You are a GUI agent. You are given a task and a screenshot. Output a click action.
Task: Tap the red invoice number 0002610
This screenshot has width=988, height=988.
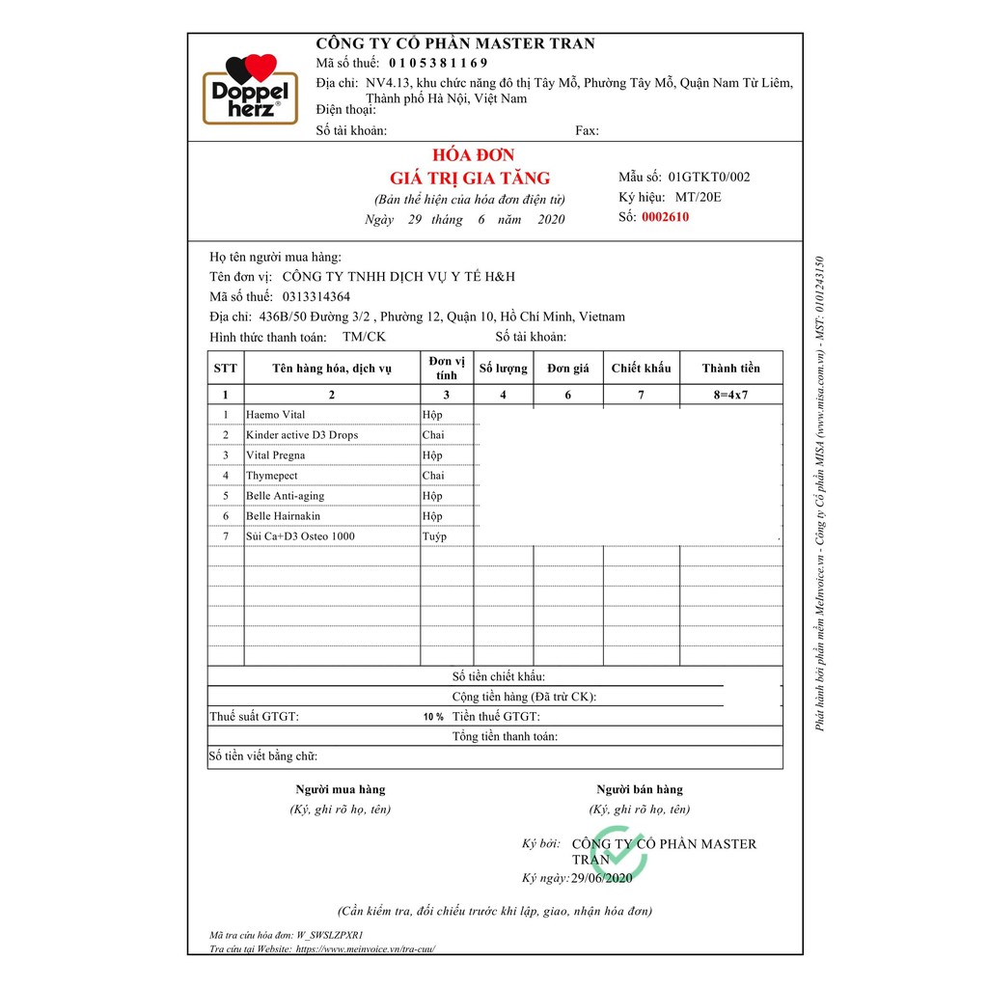click(665, 217)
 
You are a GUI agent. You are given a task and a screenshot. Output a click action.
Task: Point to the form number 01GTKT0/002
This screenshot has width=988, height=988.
click(708, 177)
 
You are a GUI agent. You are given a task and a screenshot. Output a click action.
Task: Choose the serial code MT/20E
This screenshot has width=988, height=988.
click(698, 197)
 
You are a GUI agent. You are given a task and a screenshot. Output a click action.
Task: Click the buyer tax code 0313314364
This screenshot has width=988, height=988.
click(316, 296)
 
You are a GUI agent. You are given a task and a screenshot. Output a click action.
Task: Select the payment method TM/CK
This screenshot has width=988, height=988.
click(364, 337)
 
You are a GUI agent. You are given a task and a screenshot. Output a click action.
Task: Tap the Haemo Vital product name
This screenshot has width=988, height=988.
click(275, 415)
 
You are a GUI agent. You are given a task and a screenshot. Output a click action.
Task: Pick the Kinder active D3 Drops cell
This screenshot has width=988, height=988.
click(301, 435)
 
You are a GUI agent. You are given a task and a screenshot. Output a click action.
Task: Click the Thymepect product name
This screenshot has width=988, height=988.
click(271, 476)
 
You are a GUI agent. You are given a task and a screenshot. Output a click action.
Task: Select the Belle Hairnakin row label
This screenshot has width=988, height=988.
click(283, 516)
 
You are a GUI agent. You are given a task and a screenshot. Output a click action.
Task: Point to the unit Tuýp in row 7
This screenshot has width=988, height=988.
click(434, 536)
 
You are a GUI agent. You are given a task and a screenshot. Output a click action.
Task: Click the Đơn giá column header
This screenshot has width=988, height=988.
click(568, 368)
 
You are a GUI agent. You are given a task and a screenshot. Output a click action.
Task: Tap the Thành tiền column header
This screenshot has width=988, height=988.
click(730, 368)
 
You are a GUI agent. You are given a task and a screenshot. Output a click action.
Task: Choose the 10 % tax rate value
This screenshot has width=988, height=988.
click(433, 717)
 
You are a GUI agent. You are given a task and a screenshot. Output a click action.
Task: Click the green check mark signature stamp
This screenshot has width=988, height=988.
click(618, 853)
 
